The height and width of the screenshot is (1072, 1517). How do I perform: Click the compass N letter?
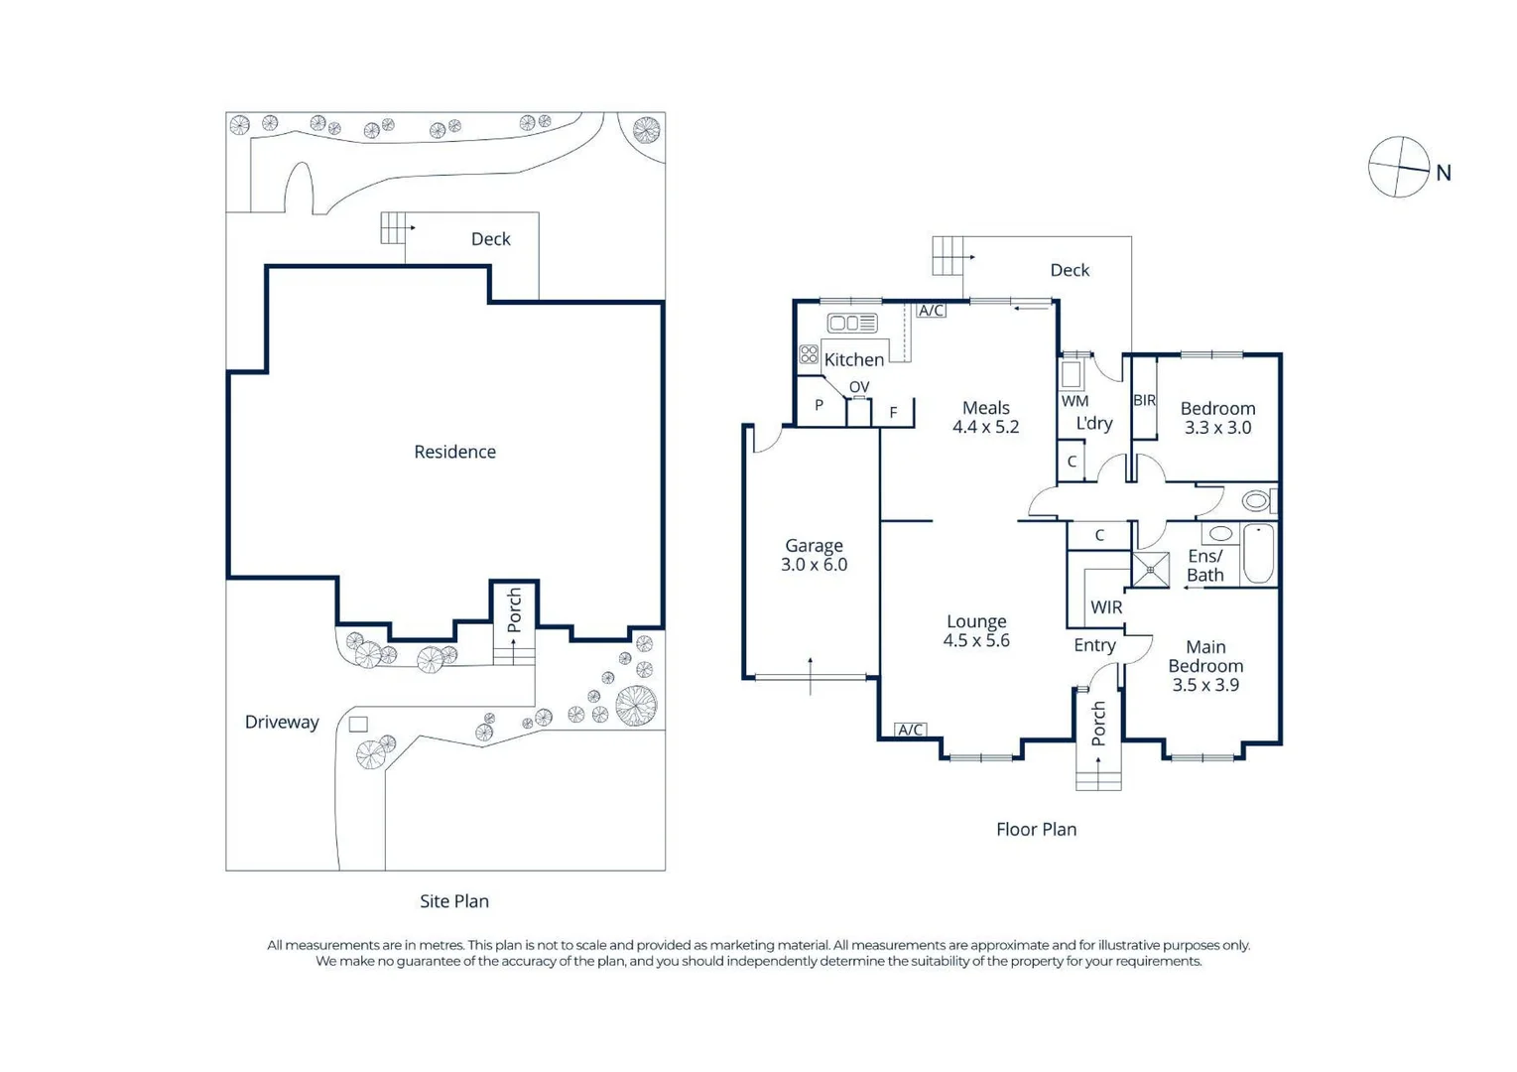pos(1444,173)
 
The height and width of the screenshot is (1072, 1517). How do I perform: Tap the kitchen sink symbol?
pos(852,324)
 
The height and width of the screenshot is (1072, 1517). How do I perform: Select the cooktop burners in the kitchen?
pos(808,353)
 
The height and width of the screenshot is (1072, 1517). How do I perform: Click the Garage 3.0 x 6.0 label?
pos(814,555)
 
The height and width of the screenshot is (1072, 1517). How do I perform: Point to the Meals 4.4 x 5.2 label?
pos(985,417)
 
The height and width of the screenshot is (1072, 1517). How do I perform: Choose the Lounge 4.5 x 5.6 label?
pos(976,631)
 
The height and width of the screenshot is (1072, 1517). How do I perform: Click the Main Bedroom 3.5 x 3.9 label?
pos(1205,665)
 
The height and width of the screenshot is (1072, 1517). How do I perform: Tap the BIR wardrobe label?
pos(1144,400)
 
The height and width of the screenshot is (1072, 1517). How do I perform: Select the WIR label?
pos(1106,607)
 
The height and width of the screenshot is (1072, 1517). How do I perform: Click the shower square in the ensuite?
pos(1150,569)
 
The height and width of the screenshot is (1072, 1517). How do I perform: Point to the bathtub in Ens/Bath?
pos(1258,553)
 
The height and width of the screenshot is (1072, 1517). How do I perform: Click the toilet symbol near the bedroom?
pos(1259,501)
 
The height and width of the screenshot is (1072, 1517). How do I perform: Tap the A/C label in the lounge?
pos(910,730)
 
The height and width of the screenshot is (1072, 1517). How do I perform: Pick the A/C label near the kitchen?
pos(931,311)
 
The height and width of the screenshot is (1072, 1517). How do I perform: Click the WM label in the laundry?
pos(1075,401)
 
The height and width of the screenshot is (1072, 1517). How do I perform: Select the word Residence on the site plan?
pos(455,452)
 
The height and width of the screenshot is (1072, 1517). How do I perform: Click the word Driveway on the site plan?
pos(282,723)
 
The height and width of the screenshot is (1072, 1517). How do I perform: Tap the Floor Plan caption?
pos(1036,830)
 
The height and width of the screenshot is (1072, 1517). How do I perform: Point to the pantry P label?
pos(819,405)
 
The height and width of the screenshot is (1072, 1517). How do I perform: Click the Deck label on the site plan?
pos(491,239)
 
